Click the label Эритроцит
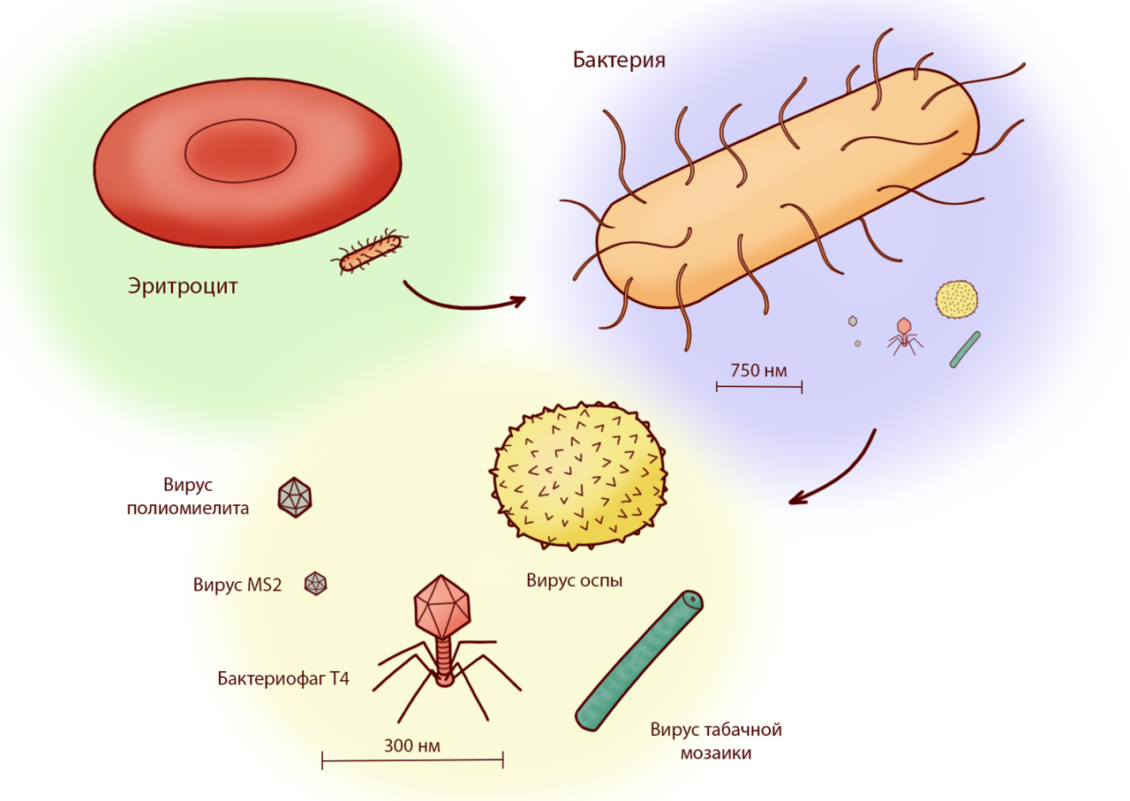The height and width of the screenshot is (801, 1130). point(183,286)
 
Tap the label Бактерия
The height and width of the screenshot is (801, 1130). point(619,60)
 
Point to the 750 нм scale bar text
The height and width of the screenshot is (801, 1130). point(758,370)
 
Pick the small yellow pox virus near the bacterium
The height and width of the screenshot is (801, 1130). point(957,299)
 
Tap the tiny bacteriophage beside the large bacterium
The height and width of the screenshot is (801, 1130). point(903,335)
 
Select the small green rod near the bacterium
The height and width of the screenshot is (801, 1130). point(964,350)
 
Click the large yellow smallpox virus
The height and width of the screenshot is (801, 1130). point(579,477)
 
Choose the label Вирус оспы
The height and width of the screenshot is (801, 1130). point(575,580)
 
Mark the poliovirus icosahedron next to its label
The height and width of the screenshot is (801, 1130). point(294,497)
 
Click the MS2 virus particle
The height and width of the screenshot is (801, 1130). point(315,583)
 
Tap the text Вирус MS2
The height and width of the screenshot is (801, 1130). point(237,585)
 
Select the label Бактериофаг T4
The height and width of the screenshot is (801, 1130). point(283,678)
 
